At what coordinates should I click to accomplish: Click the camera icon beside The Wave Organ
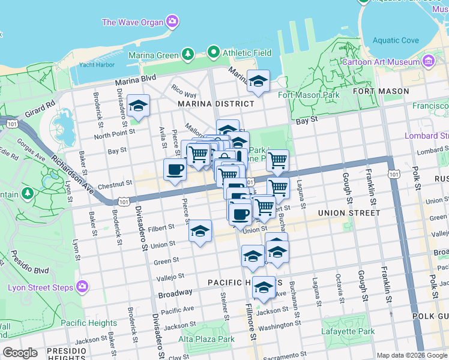point(172,22)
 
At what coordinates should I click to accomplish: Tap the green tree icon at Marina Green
point(188,54)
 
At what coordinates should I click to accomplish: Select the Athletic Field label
point(247,53)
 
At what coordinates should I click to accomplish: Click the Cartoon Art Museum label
point(381,62)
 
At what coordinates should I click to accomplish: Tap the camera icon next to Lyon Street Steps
point(82,287)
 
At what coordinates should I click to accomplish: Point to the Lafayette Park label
point(349,331)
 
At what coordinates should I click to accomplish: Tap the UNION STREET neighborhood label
point(349,212)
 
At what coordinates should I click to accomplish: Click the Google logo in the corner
point(20,353)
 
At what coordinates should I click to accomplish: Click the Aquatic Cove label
point(395,41)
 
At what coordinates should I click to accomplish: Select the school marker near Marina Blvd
point(258,81)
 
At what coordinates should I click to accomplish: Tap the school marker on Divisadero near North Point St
point(138,106)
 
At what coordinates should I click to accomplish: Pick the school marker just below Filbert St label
point(200,231)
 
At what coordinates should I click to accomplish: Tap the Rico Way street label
point(184,91)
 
